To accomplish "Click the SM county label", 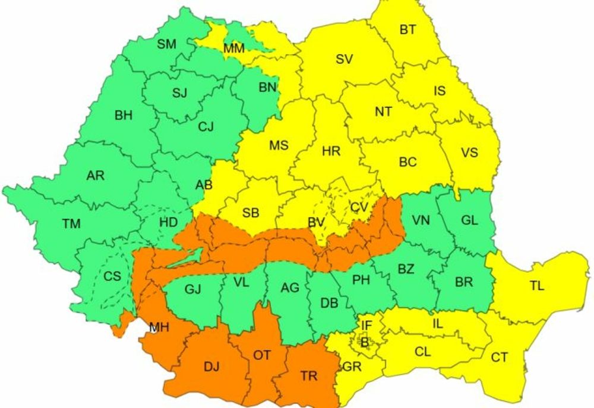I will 167,43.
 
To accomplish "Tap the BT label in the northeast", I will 407,30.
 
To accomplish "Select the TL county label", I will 536,286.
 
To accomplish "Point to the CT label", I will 500,357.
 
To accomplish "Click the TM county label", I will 71,224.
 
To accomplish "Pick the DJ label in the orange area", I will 211,367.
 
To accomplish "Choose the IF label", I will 367,325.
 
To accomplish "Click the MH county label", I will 159,327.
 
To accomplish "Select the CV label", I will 359,207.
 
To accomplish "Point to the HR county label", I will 331,151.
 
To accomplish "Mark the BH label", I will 124,116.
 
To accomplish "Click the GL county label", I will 469,220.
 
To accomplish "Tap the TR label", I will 308,376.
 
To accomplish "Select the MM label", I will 233,49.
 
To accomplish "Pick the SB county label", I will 251,212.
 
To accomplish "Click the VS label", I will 469,152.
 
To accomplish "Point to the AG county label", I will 290,288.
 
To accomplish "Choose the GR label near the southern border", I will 352,367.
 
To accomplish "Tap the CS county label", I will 112,276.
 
